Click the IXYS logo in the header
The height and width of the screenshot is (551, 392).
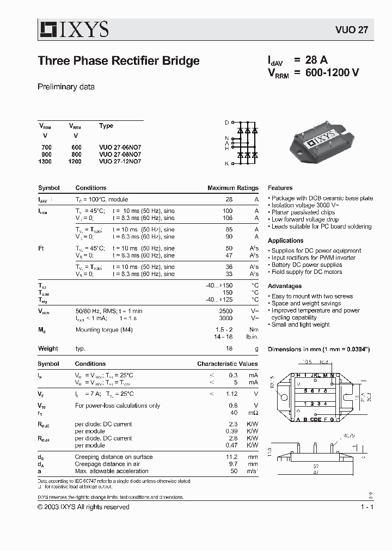pyautogui.click(x=73, y=29)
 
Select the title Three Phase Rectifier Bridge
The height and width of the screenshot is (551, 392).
pyautogui.click(x=119, y=61)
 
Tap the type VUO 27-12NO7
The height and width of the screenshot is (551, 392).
pyautogui.click(x=120, y=162)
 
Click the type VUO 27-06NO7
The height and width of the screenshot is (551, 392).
pyautogui.click(x=120, y=148)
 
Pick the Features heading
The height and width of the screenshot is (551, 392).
pyautogui.click(x=280, y=188)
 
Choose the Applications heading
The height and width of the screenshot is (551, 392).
pyautogui.click(x=286, y=241)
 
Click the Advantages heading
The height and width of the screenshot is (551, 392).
pyautogui.click(x=285, y=286)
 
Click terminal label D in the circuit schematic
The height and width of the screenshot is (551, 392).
pyautogui.click(x=227, y=123)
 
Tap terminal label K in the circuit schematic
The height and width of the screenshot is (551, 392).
pyautogui.click(x=227, y=163)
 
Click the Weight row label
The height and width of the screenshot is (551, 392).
pyautogui.click(x=48, y=348)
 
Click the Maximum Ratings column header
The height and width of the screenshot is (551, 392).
pyautogui.click(x=233, y=188)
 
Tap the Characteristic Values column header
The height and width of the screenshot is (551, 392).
pyautogui.click(x=228, y=364)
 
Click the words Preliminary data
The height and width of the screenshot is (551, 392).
pyautogui.click(x=66, y=87)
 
